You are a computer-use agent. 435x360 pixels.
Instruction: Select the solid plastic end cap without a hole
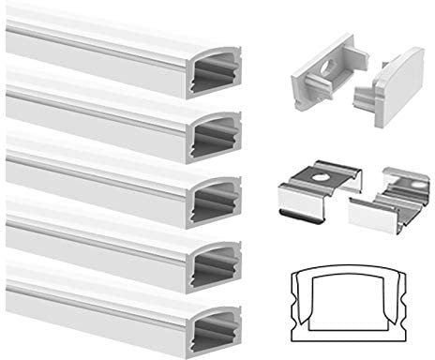click(x=388, y=95)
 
